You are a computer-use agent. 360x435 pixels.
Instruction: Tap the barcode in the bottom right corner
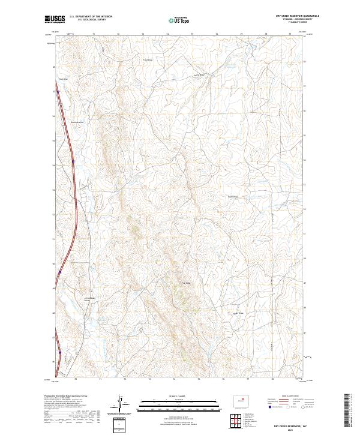pyautogui.click(x=347, y=410)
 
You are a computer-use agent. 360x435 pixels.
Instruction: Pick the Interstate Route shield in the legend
pyautogui.click(x=270, y=407)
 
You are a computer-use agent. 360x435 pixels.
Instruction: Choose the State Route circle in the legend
pyautogui.click(x=304, y=407)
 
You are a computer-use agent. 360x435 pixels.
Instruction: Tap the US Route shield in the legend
pyautogui.click(x=287, y=407)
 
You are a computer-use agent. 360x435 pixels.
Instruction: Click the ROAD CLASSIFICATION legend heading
pyautogui.click(x=290, y=396)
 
